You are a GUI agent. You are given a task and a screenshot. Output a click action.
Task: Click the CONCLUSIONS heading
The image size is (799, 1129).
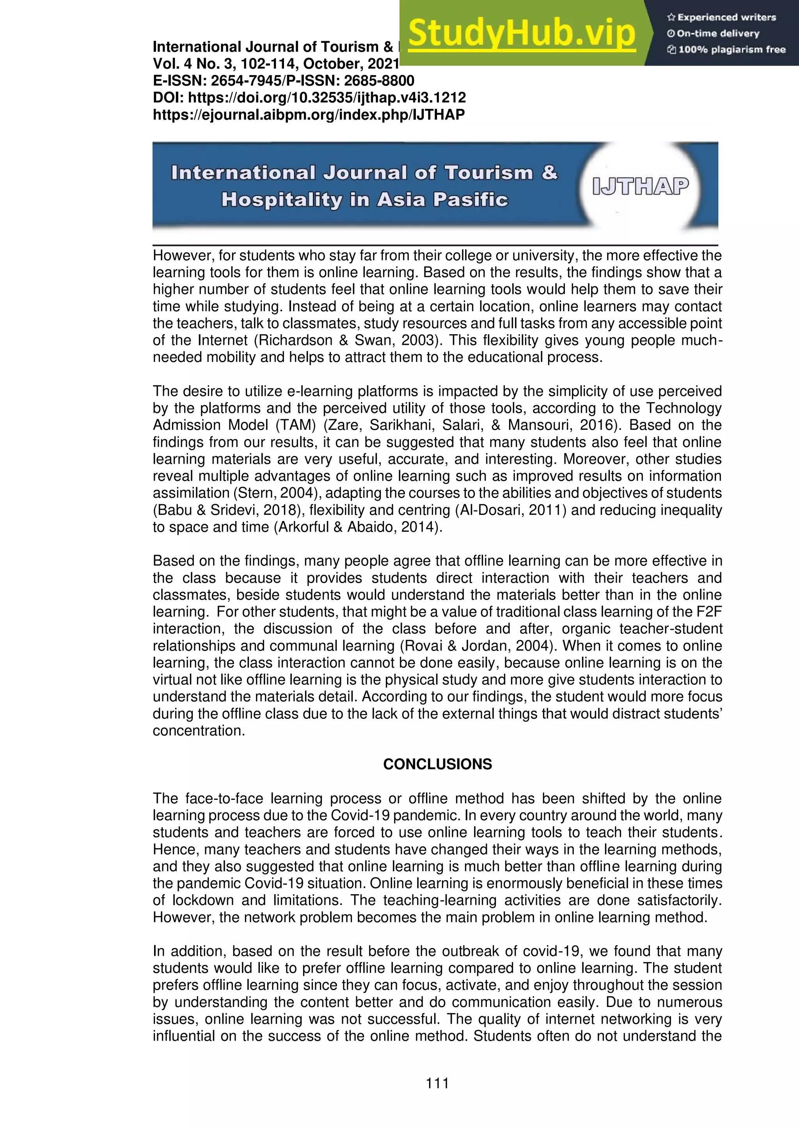(x=437, y=764)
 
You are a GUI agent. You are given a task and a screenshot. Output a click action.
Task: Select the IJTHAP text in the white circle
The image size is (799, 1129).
(x=640, y=186)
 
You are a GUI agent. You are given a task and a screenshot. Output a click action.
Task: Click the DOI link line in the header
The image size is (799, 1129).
(x=309, y=97)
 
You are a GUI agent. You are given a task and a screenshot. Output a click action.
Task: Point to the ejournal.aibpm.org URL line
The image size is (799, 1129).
(x=309, y=115)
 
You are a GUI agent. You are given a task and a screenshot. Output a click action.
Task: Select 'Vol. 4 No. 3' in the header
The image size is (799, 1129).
(x=192, y=64)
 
